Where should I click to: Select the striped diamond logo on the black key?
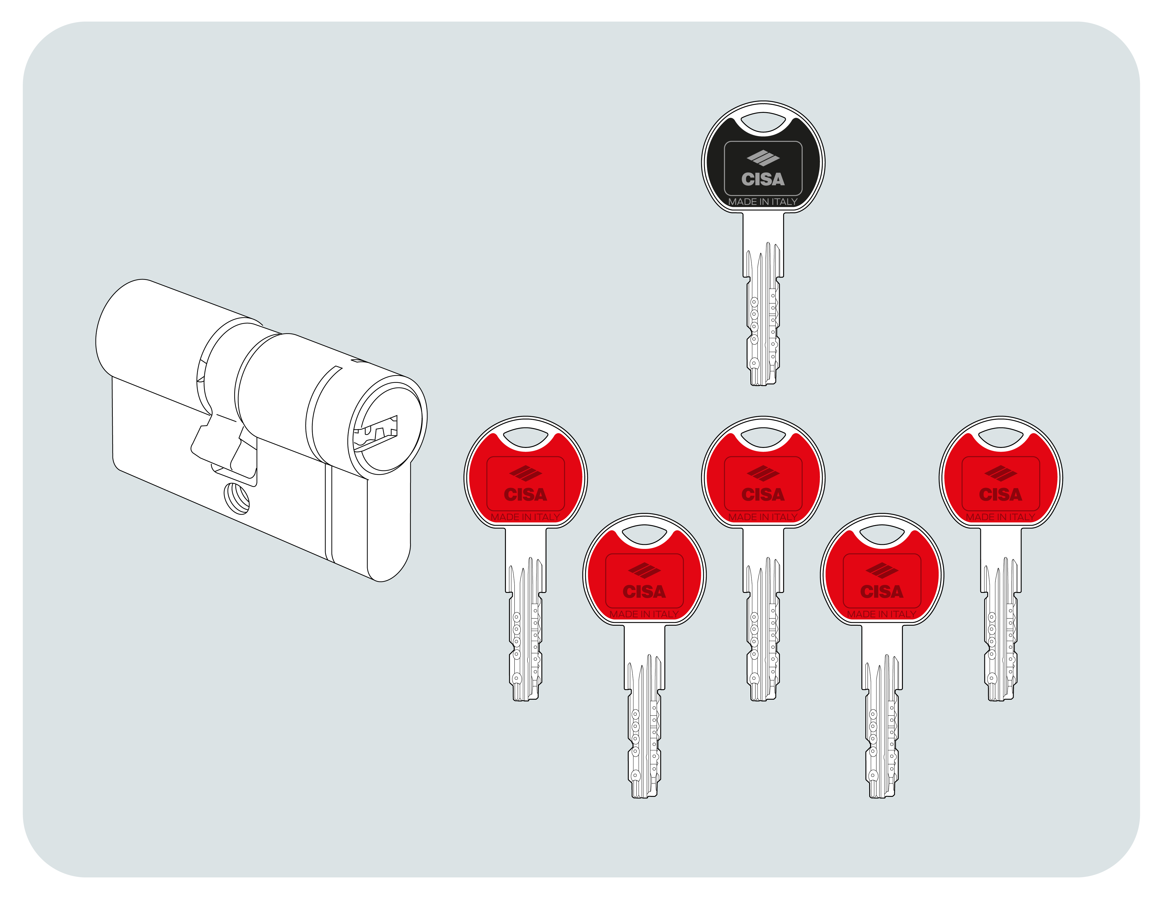tap(763, 158)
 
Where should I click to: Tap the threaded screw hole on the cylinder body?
tap(237, 499)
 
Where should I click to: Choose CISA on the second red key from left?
tap(644, 592)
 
